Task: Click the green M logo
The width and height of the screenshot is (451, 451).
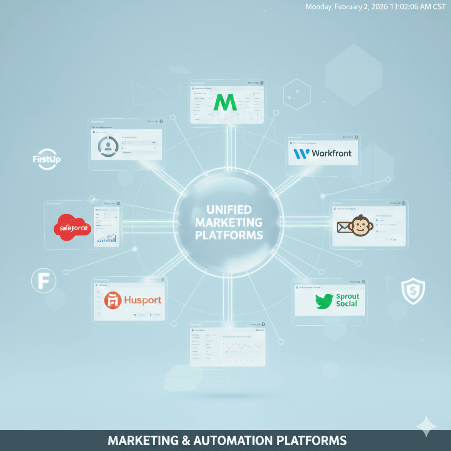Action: [225, 102]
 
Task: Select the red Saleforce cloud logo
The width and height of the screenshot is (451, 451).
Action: [71, 227]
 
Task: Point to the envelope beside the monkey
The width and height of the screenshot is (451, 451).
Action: [343, 227]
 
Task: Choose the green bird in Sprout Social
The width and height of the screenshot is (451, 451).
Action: [325, 301]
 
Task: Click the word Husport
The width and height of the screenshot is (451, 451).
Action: [143, 301]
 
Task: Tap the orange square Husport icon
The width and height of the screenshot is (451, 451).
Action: [112, 301]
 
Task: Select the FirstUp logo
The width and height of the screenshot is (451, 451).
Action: [46, 159]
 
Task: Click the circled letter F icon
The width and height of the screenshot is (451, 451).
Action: [44, 281]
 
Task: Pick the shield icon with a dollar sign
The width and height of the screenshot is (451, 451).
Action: [413, 291]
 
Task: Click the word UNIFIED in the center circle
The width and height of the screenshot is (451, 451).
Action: [229, 209]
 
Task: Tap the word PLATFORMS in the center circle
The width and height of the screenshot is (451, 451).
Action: [229, 235]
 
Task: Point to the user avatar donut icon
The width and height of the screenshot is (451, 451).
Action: [107, 147]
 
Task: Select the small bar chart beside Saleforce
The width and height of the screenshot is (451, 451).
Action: [107, 238]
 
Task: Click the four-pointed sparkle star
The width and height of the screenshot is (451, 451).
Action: [426, 426]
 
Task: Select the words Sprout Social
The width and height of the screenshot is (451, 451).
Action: [347, 300]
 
